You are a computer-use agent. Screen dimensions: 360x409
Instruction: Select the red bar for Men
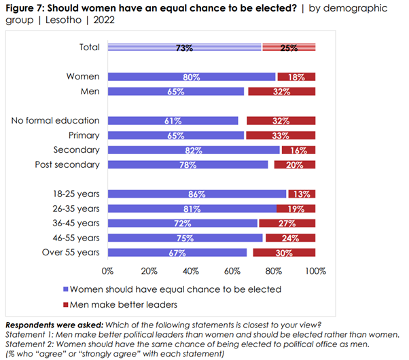point(282,91)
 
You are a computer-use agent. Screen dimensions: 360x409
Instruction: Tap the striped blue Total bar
point(184,48)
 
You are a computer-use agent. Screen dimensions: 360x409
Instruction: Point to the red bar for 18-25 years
point(302,194)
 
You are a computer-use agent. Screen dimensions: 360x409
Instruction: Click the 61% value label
point(173,121)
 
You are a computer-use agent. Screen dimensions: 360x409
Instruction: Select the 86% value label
point(197,194)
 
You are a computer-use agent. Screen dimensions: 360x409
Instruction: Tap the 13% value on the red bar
point(303,194)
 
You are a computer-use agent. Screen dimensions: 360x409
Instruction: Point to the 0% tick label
point(107,271)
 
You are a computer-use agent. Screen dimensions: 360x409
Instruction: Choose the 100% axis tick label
point(315,271)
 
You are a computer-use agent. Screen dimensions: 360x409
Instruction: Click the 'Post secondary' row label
point(67,164)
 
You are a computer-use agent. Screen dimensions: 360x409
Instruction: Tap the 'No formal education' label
point(56,120)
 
